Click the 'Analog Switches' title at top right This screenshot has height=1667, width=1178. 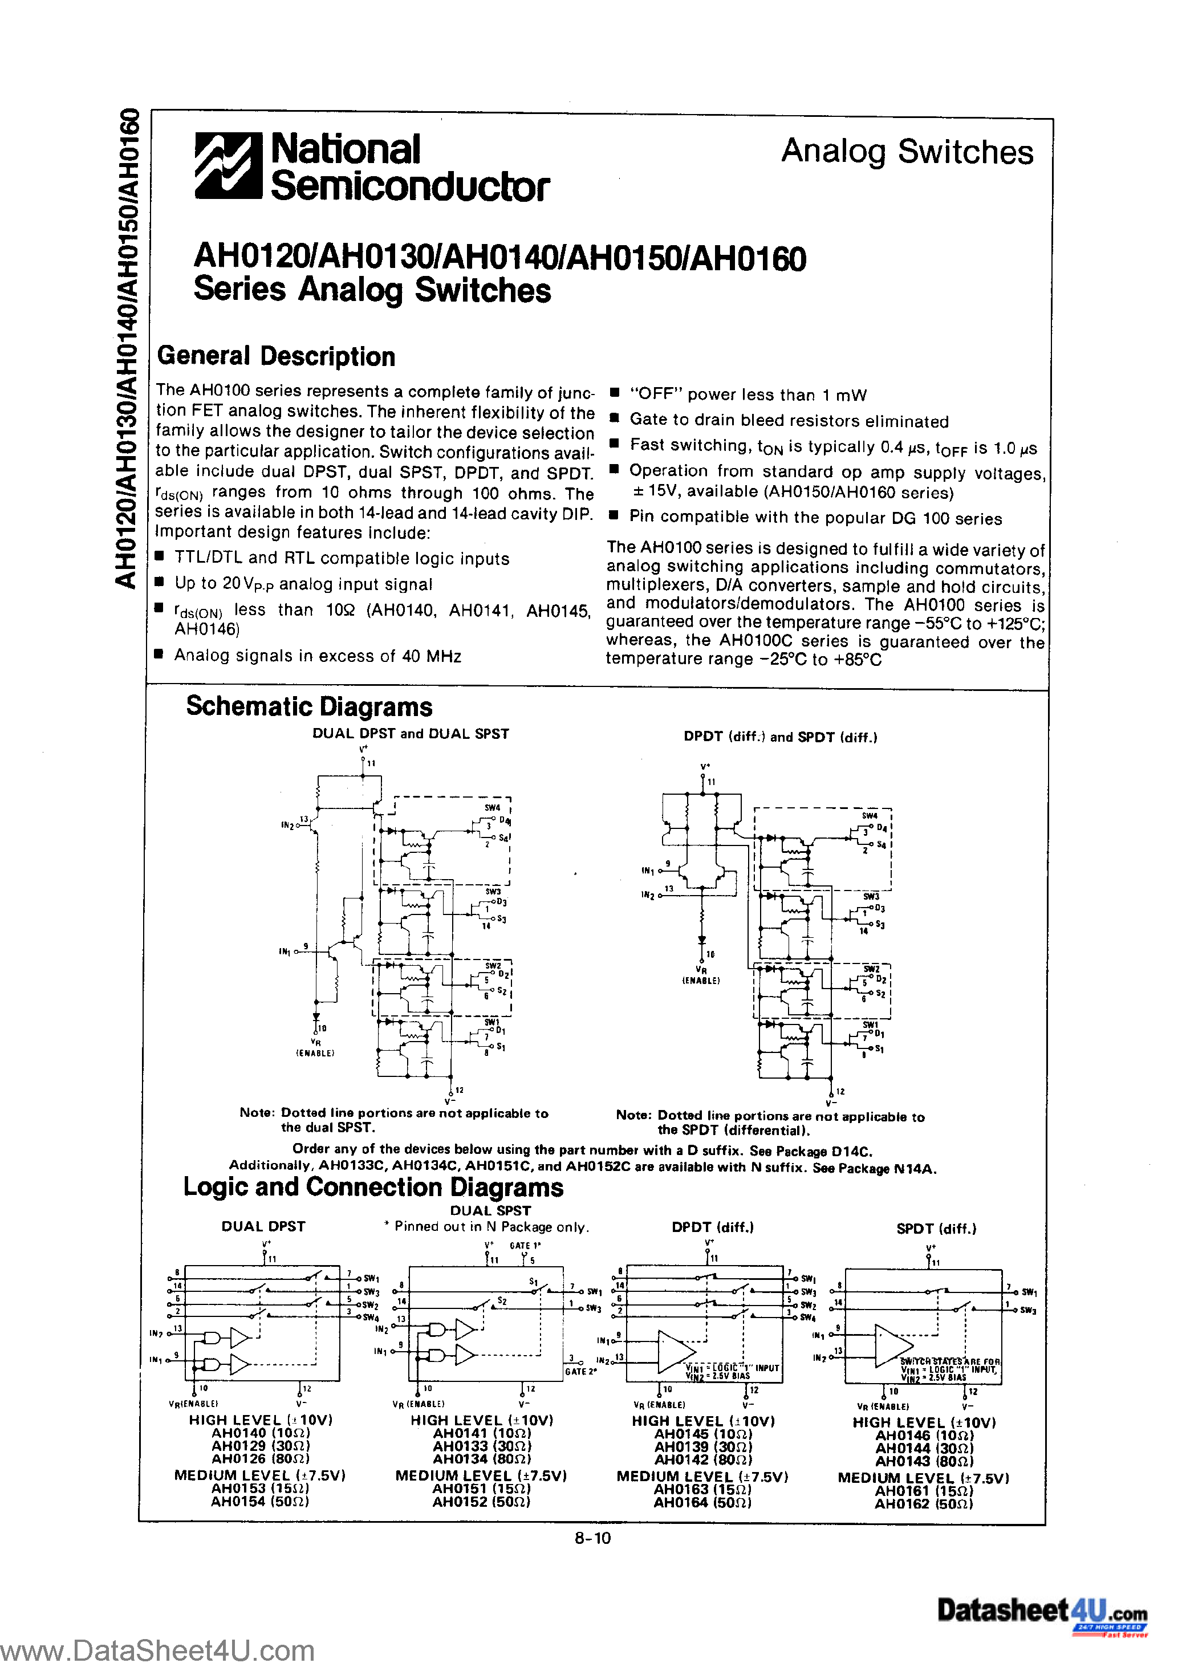(907, 152)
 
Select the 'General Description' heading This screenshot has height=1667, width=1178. (276, 356)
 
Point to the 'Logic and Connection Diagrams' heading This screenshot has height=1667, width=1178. (372, 1187)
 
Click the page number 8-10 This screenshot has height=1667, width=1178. (592, 1538)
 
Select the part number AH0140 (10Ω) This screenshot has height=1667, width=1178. (260, 1433)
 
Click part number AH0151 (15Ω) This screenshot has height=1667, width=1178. (481, 1489)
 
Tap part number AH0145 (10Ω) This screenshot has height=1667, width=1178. (703, 1434)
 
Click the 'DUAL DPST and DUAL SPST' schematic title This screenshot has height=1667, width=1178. (411, 734)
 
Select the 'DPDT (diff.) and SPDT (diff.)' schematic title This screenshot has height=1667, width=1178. (780, 737)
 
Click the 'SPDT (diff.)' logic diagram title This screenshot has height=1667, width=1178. (936, 1229)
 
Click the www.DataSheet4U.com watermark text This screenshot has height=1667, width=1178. (157, 1650)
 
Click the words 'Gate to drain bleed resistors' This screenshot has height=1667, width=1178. (733, 421)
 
